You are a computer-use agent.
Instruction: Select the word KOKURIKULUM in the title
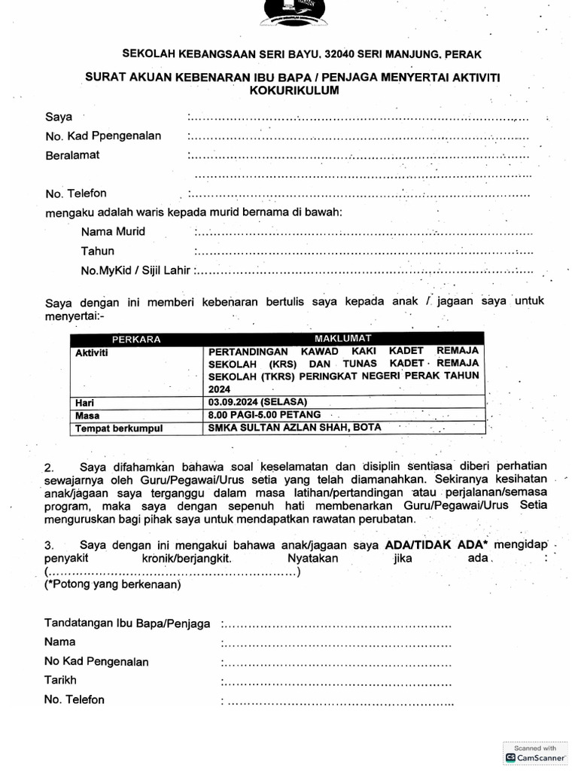pos(294,90)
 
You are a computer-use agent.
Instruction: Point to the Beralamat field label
pos(72,155)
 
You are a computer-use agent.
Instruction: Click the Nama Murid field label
pos(113,231)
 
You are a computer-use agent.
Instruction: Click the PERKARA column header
pos(136,340)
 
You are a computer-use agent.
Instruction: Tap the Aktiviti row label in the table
pos(92,352)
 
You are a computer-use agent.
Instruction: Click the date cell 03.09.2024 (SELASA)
pos(258,401)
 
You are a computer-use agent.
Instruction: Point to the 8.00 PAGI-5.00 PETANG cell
pos(265,415)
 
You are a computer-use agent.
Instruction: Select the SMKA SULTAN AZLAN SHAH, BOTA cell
pos(295,428)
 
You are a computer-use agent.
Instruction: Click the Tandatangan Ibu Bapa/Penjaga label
pos(128,623)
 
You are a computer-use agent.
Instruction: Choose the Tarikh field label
pos(60,680)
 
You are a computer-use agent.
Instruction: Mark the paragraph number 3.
pos(48,544)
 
